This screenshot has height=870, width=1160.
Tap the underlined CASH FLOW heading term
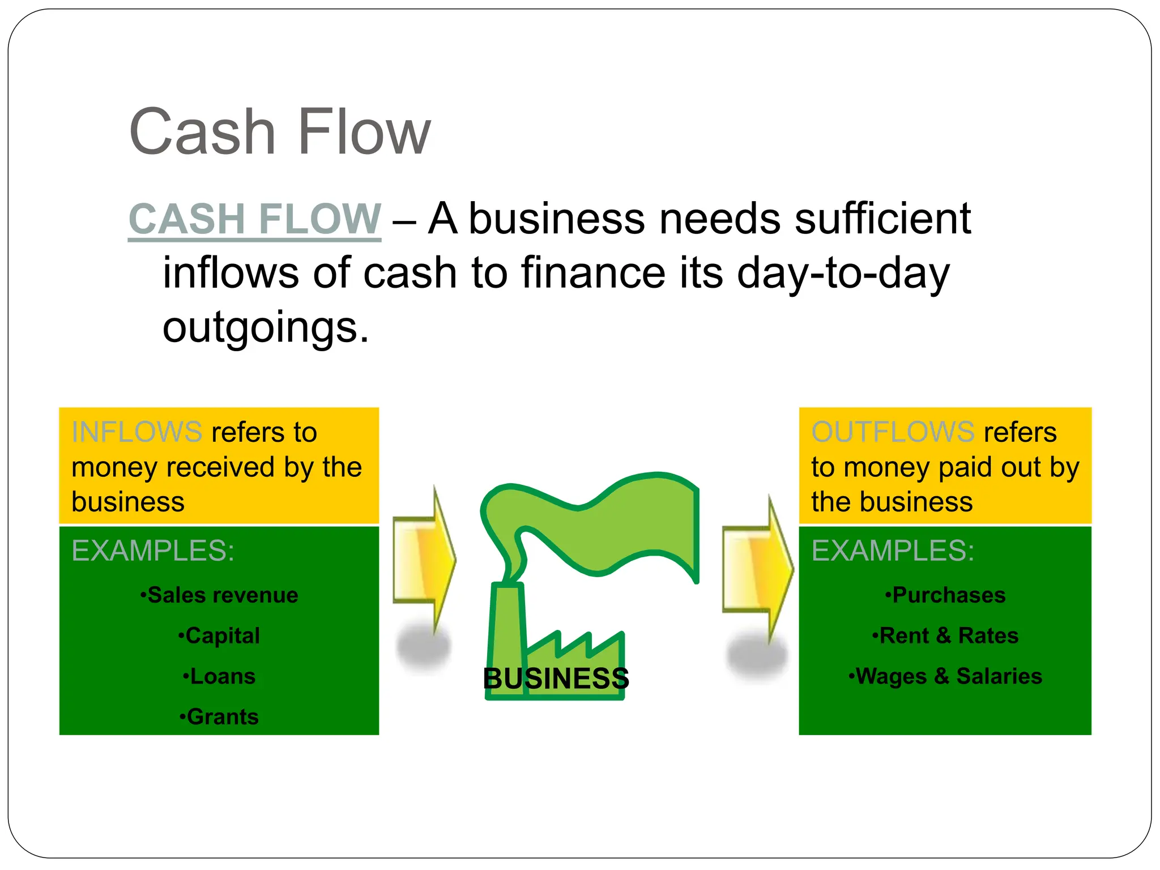254,219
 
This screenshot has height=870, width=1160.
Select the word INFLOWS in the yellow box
137,432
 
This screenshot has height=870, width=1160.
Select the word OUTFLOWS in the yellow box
893,432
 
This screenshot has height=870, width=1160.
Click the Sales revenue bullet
219,595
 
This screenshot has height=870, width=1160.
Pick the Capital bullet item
219,636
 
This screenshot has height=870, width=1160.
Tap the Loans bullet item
219,676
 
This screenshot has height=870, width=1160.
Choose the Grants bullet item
219,717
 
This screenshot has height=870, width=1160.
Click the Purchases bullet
945,595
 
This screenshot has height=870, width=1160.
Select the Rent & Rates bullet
945,636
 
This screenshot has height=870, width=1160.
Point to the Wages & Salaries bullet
945,676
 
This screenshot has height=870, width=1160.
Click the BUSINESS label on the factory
556,679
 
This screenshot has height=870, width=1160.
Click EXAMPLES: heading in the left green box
153,551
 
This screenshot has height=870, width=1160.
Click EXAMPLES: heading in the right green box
893,551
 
